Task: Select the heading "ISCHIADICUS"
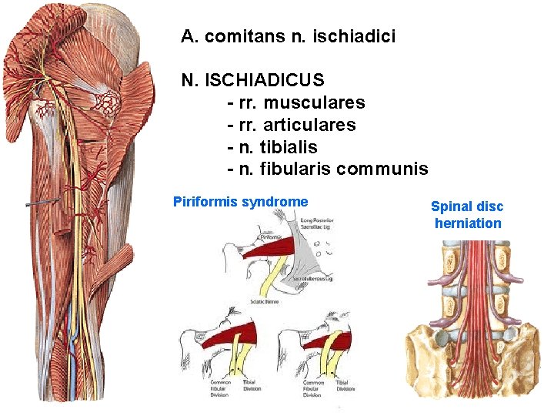266,80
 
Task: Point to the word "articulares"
317,125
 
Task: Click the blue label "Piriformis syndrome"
240,202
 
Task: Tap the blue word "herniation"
467,223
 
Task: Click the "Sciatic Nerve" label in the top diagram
267,302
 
